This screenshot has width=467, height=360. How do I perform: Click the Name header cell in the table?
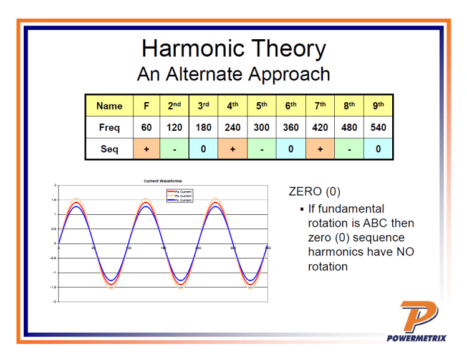tap(109, 106)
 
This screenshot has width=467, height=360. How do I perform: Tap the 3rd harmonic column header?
tap(203, 106)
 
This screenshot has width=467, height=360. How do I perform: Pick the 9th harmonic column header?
tap(378, 106)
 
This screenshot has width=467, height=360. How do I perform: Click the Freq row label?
tap(109, 128)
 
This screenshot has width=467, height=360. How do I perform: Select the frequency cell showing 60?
tap(146, 128)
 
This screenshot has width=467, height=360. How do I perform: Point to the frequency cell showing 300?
tap(262, 128)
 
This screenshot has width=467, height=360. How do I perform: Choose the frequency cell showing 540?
tap(378, 128)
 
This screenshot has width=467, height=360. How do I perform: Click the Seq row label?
tap(109, 149)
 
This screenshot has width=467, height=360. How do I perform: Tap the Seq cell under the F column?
tap(146, 149)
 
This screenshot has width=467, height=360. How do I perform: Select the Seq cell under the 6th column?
tap(291, 149)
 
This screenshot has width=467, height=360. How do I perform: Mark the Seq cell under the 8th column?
tap(349, 149)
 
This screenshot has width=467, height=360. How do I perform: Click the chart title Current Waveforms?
tap(163, 181)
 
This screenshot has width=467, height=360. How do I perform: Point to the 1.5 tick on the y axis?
tap(54, 200)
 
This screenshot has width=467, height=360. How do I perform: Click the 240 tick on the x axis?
tap(198, 248)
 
